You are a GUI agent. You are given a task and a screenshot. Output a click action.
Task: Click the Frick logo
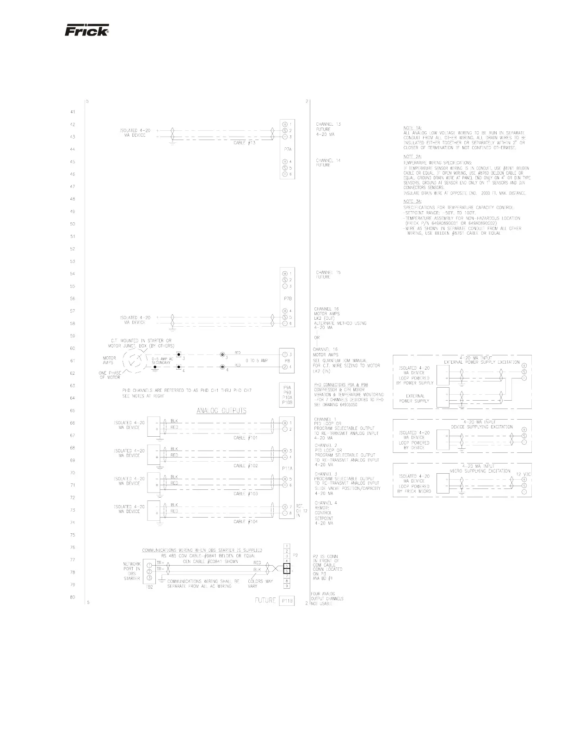(86, 30)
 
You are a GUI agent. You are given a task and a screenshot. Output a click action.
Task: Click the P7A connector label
(287, 150)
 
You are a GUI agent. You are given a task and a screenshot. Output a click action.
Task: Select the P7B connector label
(287, 299)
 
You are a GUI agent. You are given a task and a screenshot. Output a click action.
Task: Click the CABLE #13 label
(245, 143)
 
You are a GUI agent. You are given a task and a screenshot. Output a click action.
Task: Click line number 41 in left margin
(73, 112)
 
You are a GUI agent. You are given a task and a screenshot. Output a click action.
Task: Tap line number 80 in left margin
(73, 598)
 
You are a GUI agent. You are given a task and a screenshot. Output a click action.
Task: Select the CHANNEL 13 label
(328, 124)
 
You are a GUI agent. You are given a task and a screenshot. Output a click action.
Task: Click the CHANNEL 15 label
(328, 273)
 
